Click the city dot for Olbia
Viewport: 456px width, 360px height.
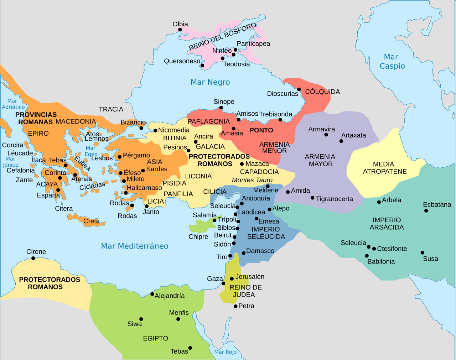click(x=180, y=30)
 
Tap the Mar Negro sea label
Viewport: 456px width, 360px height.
click(x=210, y=82)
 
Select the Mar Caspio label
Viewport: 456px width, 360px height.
click(x=392, y=62)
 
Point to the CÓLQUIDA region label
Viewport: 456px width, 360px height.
click(x=322, y=92)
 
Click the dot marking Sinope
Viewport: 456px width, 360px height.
click(x=221, y=108)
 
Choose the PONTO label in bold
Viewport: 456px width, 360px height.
click(x=261, y=130)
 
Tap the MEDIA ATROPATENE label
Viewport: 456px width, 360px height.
click(x=384, y=168)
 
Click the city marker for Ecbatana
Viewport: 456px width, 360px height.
click(x=426, y=211)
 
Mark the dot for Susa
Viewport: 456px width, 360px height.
click(x=422, y=253)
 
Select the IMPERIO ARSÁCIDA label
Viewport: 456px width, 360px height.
click(x=387, y=224)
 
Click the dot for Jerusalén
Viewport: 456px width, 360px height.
click(x=232, y=279)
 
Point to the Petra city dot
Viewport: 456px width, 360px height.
click(x=235, y=306)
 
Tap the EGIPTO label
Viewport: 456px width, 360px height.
click(x=155, y=338)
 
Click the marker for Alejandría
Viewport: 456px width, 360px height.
click(x=152, y=294)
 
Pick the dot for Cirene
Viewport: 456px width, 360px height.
click(x=33, y=258)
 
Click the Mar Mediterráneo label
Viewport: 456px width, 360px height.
click(x=135, y=246)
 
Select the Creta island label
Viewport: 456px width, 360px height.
click(x=91, y=221)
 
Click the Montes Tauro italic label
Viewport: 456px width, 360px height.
click(x=252, y=180)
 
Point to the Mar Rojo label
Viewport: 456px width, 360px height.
click(x=225, y=352)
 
